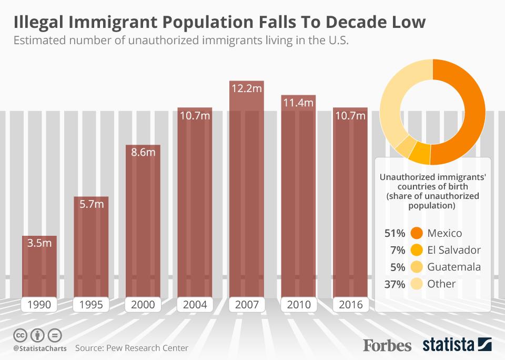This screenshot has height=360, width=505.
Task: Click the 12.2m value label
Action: [x=246, y=88]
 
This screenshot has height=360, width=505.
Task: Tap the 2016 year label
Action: [x=349, y=304]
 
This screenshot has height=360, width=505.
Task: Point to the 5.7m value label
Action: [x=91, y=204]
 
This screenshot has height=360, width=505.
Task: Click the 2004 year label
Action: [x=195, y=304]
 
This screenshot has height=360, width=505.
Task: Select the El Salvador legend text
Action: [x=454, y=250]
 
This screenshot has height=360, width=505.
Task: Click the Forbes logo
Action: [x=387, y=345]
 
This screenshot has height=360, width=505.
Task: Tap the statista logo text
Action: [x=447, y=345]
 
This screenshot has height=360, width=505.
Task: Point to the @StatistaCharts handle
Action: [x=36, y=348]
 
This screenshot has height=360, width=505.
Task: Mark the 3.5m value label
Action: [x=39, y=244]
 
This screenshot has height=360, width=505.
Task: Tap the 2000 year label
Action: [x=143, y=304]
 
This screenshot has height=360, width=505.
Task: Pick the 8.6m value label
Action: [x=143, y=153]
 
